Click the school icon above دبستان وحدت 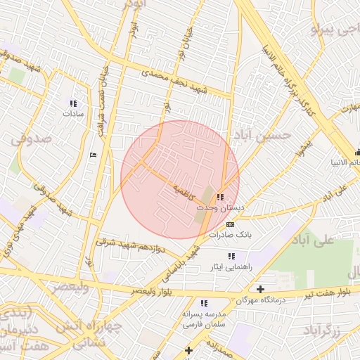[x=220, y=198]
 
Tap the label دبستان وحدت [x=221, y=209]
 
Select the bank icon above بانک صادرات [x=229, y=224]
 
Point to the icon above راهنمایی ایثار [x=231, y=255]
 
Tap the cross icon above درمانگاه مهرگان [x=260, y=289]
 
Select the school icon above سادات [x=73, y=103]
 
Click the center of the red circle [x=180, y=179]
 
